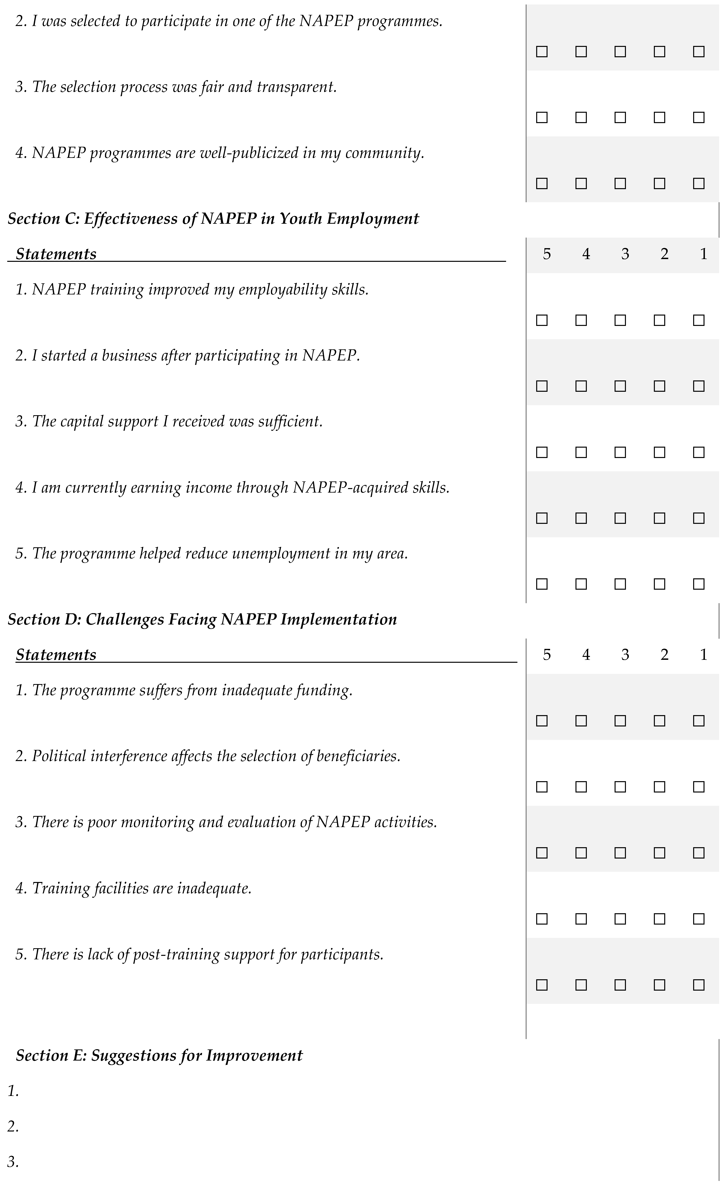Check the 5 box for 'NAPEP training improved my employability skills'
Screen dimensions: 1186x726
pyautogui.click(x=542, y=320)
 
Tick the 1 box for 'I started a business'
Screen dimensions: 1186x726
pyautogui.click(x=699, y=386)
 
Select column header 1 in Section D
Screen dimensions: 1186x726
pyautogui.click(x=703, y=655)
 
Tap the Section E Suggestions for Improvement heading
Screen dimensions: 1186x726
pyautogui.click(x=159, y=1055)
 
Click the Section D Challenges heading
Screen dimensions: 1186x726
pyautogui.click(x=202, y=619)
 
